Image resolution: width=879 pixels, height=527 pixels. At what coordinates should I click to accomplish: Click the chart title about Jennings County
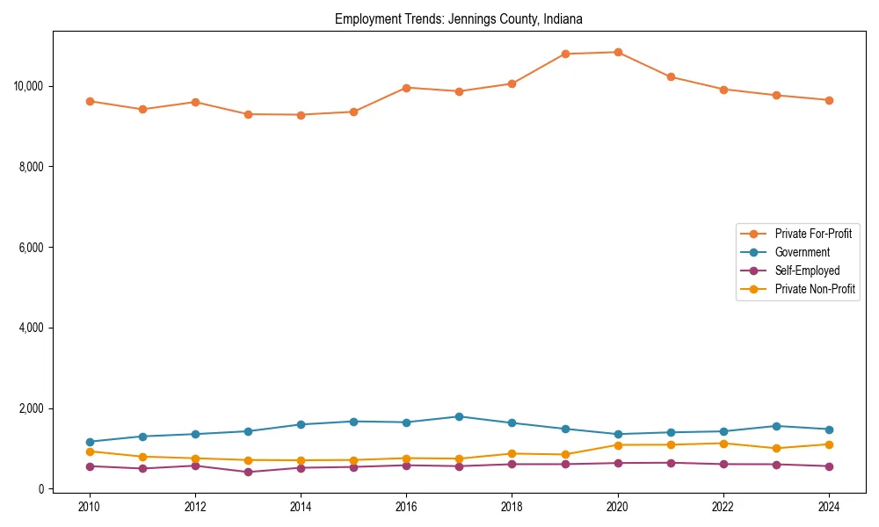[x=458, y=18]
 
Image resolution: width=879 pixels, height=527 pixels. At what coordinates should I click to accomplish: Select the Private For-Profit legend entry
[x=807, y=234]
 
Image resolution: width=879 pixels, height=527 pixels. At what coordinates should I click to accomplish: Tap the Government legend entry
[x=802, y=252]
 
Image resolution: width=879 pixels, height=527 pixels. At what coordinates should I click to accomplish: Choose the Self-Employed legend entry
[x=807, y=271]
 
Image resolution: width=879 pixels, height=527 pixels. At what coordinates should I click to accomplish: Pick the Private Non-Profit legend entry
[x=815, y=289]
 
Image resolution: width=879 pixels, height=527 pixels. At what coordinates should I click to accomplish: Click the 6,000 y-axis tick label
[x=33, y=248]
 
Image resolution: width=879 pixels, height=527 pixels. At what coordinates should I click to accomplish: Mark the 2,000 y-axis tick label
[x=33, y=408]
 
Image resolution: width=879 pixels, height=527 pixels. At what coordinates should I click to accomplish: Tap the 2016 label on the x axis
[x=406, y=507]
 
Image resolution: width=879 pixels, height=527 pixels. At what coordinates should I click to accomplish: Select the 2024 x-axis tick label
[x=828, y=507]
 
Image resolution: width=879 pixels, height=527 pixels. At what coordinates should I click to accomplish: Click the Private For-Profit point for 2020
[x=618, y=52]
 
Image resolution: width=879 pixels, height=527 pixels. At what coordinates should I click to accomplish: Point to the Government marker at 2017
[x=459, y=416]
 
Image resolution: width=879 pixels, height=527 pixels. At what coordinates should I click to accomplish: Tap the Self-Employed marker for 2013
[x=248, y=472]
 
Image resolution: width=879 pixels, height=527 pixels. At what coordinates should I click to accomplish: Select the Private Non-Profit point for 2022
[x=723, y=444]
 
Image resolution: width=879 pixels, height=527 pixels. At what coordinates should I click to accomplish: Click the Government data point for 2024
[x=829, y=430]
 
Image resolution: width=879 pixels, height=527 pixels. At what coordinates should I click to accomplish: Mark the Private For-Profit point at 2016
[x=406, y=88]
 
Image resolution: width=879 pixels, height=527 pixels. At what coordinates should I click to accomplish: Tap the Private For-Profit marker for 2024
[x=829, y=100]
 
